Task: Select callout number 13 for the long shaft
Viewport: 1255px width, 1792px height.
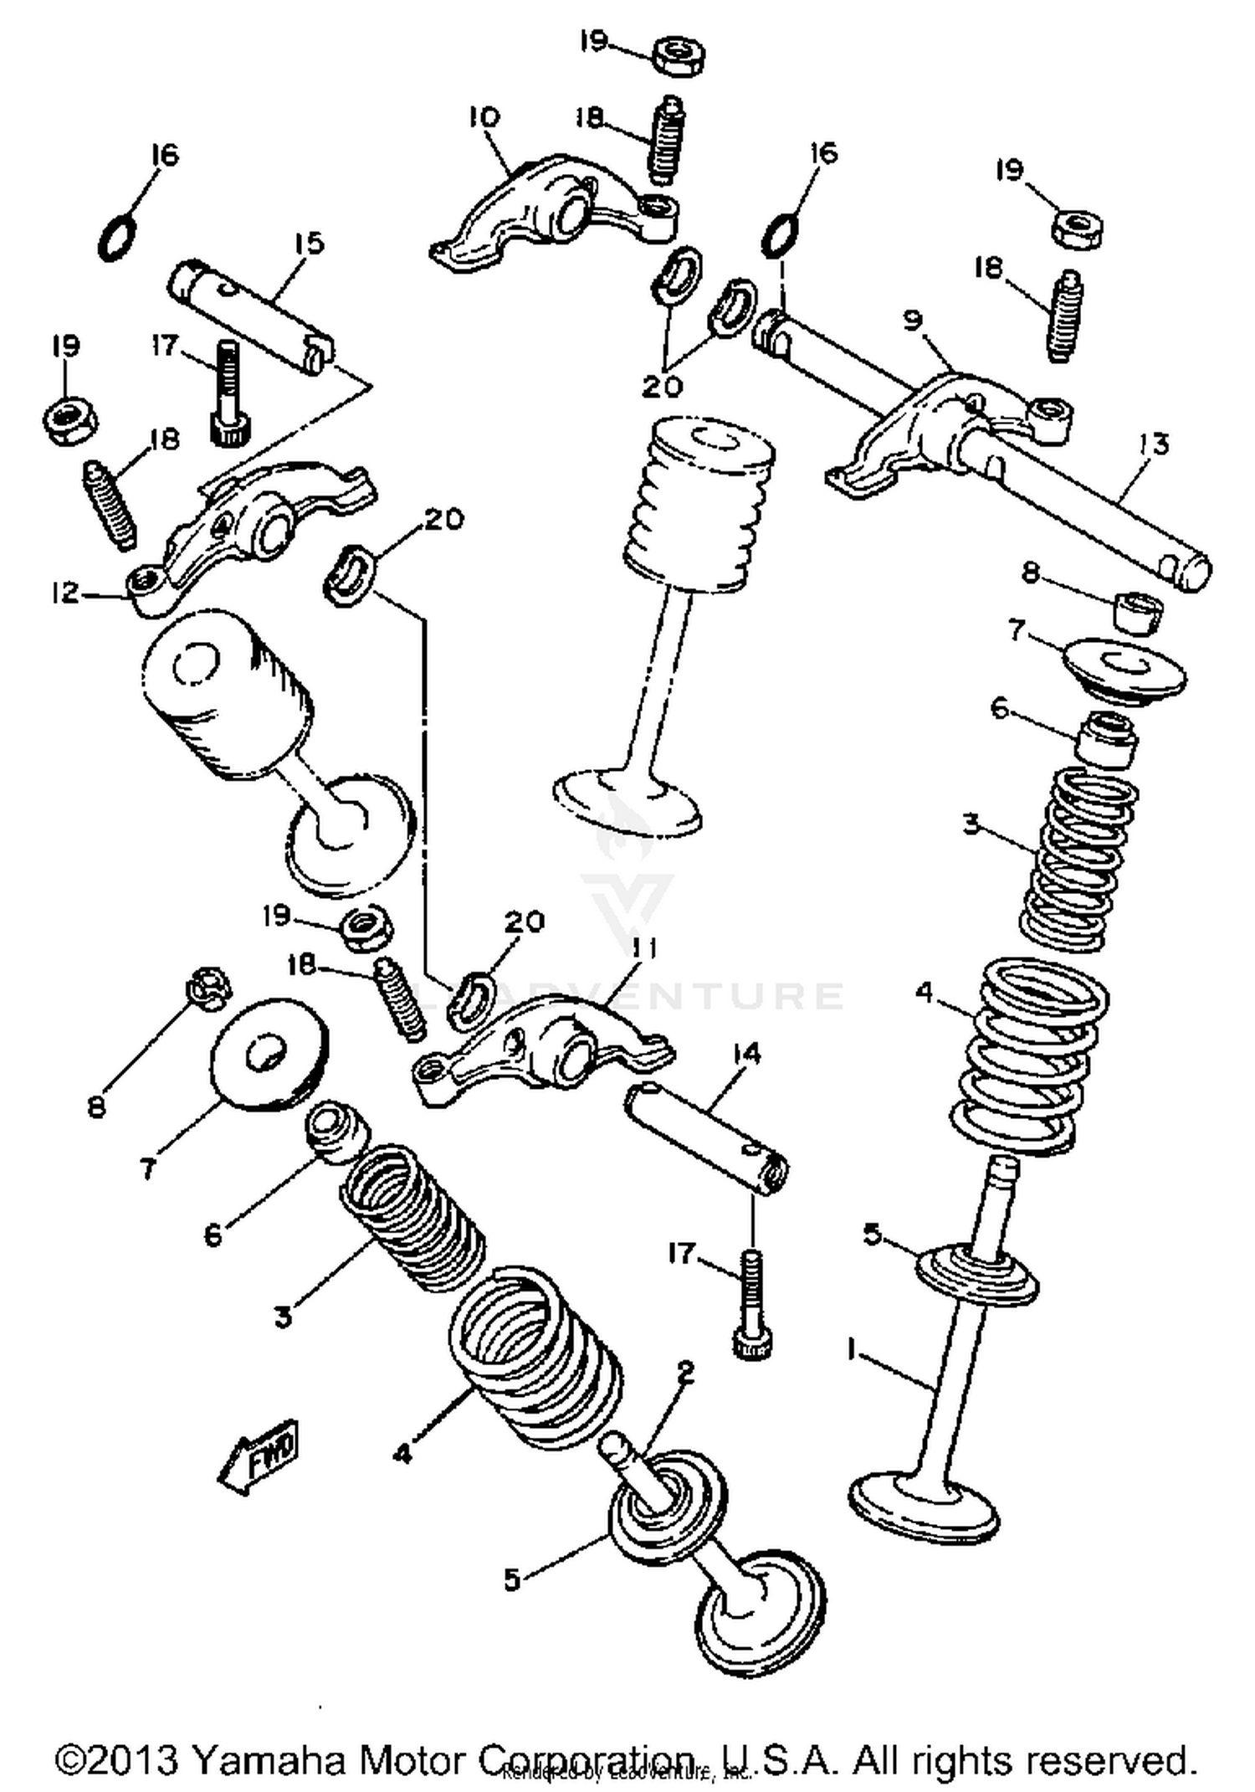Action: point(1154,444)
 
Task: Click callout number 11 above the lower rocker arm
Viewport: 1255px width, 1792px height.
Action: point(643,948)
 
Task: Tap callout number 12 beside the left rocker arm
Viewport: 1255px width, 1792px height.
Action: point(65,593)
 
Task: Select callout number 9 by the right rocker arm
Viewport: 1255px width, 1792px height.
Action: point(913,320)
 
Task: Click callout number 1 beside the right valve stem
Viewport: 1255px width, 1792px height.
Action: point(852,1350)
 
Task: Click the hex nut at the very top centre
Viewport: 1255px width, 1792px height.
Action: point(679,56)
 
